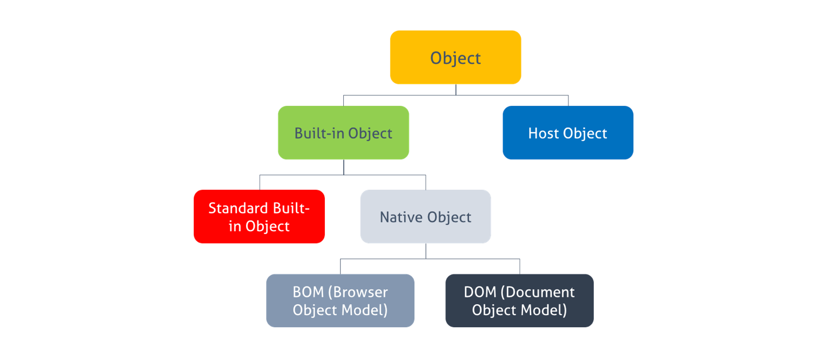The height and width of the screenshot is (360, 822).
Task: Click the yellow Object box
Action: point(455,58)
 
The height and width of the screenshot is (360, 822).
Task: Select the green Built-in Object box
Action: point(344,132)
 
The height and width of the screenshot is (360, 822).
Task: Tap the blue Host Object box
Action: point(568,132)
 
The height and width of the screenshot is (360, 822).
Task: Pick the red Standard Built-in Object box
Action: point(259,216)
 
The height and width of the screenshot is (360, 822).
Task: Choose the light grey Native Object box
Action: point(426,216)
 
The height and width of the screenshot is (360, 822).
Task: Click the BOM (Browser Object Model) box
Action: point(340,301)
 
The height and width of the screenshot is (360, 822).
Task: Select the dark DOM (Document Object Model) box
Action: point(520,301)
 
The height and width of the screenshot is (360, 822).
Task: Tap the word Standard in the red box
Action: point(238,208)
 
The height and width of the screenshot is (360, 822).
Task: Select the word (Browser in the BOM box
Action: point(358,292)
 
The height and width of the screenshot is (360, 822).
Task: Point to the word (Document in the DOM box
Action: point(537,292)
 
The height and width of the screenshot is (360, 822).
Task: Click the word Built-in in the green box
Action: point(319,133)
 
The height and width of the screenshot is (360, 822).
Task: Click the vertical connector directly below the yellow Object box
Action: point(456,90)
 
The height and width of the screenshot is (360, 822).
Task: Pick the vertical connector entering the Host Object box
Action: point(569,101)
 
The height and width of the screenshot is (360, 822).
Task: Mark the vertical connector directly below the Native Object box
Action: point(426,251)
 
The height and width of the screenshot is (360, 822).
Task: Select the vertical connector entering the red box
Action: point(260,182)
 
